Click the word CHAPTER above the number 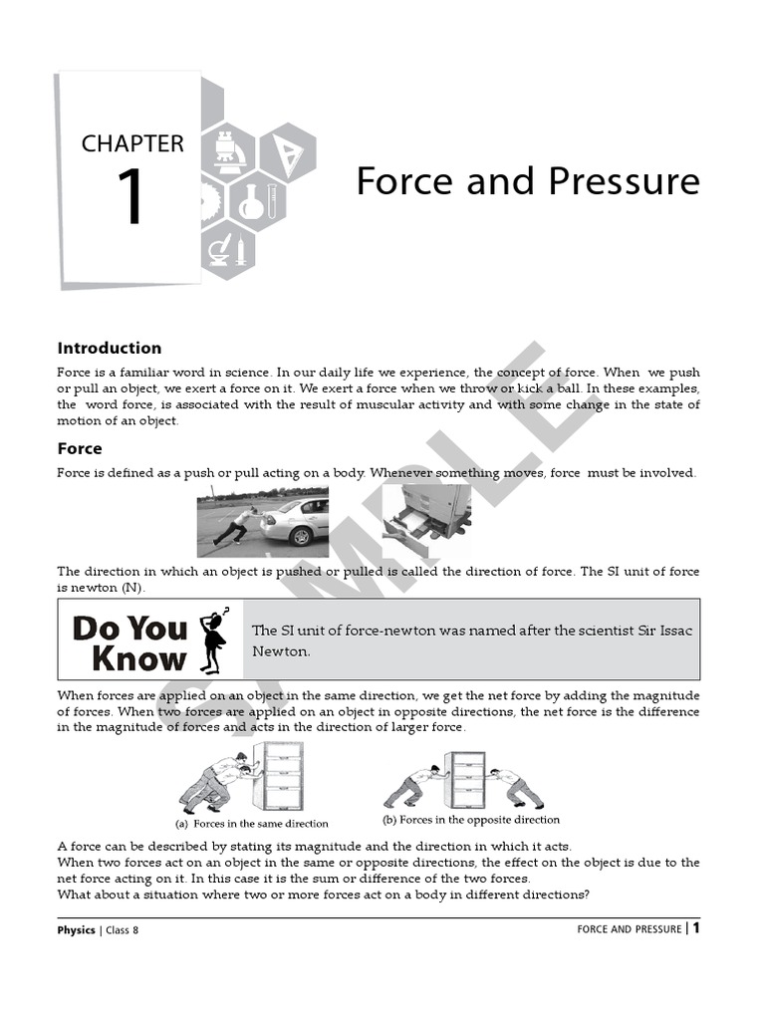pos(132,143)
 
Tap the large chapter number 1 pos(131,198)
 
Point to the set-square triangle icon pos(289,152)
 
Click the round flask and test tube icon pos(251,202)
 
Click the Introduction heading pos(109,348)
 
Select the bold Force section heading pos(80,448)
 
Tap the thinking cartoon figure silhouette pos(215,638)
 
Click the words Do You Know pos(129,642)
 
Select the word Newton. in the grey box pos(281,651)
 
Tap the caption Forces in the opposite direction pos(471,820)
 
